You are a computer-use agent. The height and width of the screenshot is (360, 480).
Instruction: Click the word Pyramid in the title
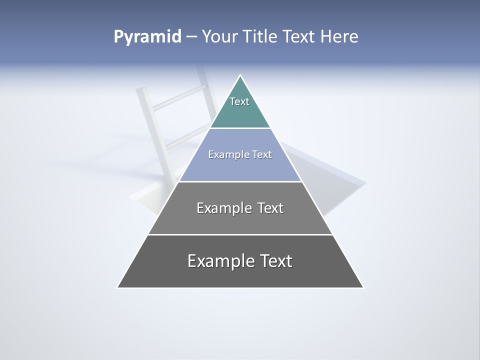tap(147, 37)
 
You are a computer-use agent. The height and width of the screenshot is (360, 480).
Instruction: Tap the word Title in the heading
tap(260, 37)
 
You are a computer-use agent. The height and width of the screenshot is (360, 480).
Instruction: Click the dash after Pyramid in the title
tap(191, 37)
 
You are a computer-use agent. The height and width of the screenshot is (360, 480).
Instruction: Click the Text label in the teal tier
tap(239, 101)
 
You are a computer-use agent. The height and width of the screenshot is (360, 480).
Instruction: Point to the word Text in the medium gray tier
tap(270, 208)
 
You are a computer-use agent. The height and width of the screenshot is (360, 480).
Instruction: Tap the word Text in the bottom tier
tap(275, 261)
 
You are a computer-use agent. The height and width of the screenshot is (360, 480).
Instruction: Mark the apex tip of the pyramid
tap(240, 75)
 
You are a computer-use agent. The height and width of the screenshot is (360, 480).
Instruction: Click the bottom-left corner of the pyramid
tap(118, 287)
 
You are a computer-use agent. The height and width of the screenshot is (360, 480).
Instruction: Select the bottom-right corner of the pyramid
tap(362, 287)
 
